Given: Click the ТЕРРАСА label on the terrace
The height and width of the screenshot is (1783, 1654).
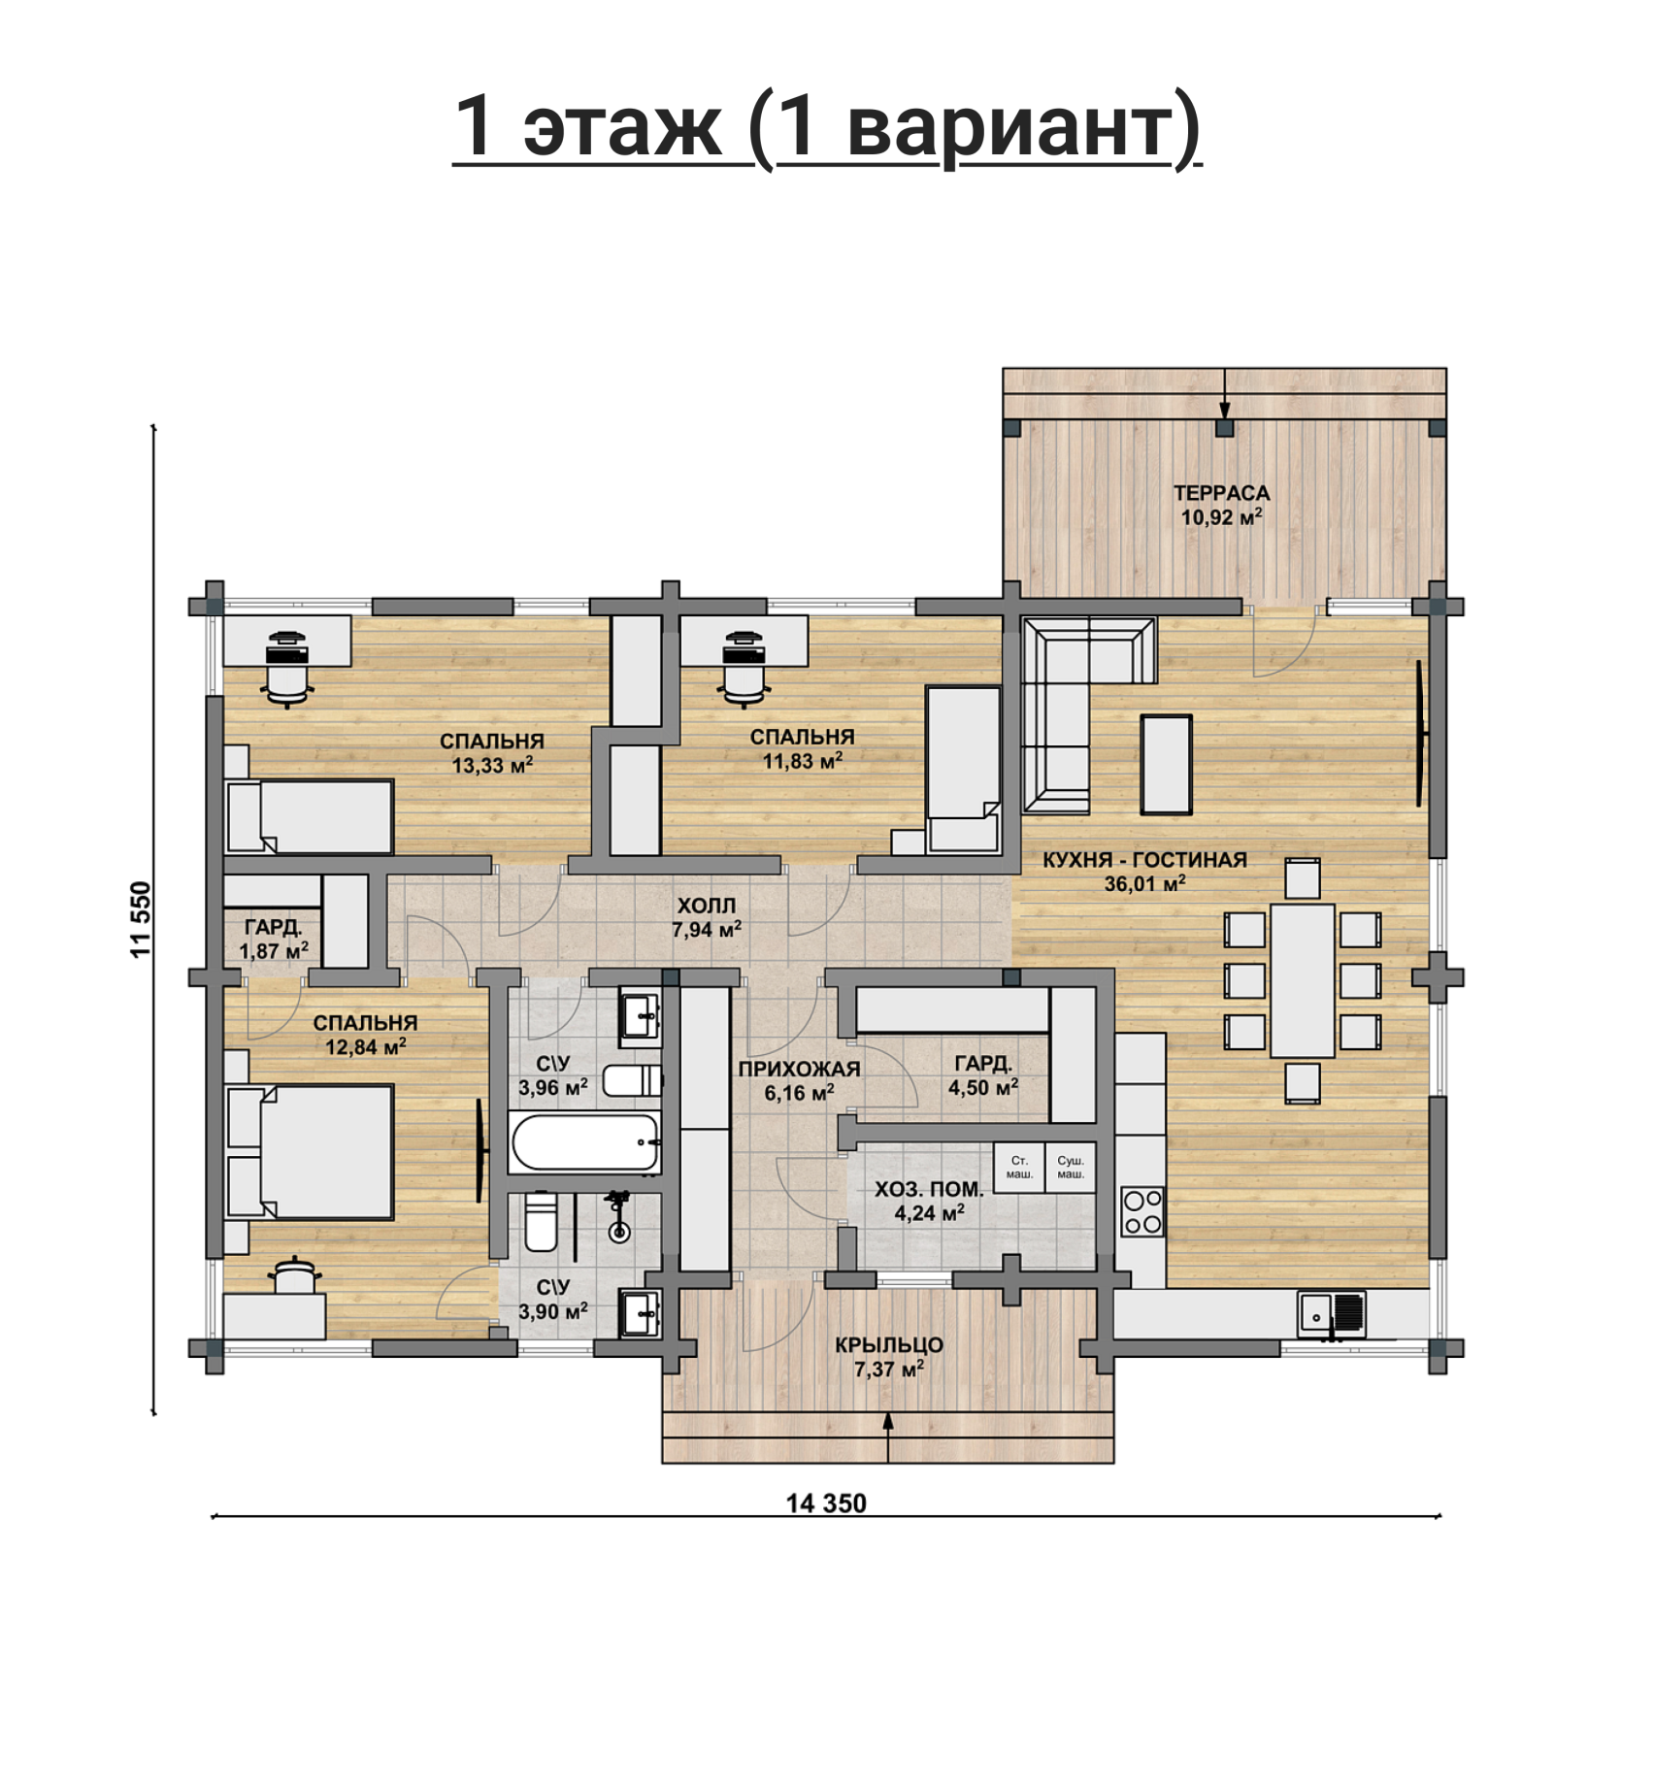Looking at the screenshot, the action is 1221,493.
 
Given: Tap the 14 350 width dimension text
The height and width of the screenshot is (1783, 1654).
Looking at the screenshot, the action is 826,1503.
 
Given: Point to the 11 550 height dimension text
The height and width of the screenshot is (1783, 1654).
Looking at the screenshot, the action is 142,919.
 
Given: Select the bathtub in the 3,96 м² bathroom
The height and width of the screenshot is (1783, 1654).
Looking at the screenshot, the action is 585,1142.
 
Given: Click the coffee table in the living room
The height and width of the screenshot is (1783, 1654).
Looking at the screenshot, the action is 1166,764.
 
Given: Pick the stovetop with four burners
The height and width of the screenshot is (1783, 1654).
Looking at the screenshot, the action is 1141,1212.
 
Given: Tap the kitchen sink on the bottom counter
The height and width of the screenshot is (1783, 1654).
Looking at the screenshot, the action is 1332,1315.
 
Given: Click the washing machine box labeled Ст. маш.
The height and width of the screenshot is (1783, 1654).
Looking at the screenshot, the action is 1019,1168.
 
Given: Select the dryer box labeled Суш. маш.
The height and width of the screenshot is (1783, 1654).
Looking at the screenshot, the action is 1071,1168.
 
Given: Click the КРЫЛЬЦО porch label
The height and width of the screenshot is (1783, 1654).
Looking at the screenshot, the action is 889,1345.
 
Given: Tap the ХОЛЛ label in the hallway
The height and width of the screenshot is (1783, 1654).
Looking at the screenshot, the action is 706,906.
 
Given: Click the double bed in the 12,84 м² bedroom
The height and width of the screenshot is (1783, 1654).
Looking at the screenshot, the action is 310,1152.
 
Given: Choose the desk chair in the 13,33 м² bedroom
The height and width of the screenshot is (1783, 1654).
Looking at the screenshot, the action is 287,670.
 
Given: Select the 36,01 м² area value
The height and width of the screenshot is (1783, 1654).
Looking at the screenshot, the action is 1144,883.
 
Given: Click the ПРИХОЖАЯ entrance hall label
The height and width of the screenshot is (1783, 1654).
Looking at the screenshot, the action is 799,1070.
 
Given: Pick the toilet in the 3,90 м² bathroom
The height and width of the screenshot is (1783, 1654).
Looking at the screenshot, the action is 541,1221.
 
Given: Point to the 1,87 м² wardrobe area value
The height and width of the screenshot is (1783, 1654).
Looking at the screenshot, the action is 274,951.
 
